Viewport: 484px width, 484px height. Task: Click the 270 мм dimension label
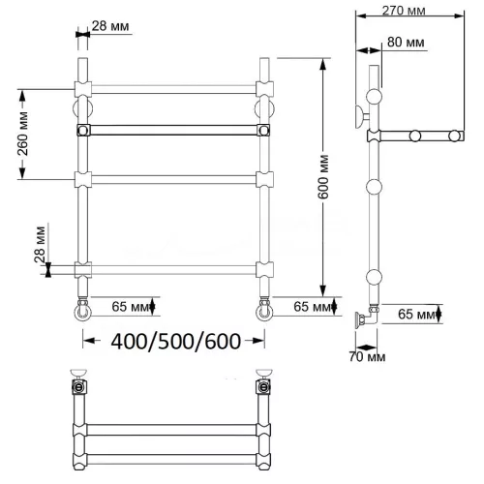404,11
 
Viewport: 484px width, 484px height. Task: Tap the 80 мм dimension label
406,43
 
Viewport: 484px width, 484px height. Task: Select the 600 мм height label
323,177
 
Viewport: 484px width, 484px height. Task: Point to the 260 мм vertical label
22,134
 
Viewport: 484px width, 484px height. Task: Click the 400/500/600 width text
176,341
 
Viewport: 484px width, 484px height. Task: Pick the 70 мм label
367,357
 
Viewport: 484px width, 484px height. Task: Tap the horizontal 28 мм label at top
110,26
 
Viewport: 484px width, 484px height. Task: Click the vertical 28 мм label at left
41,245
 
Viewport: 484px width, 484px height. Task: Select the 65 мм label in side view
416,314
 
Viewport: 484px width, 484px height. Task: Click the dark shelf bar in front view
173,130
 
